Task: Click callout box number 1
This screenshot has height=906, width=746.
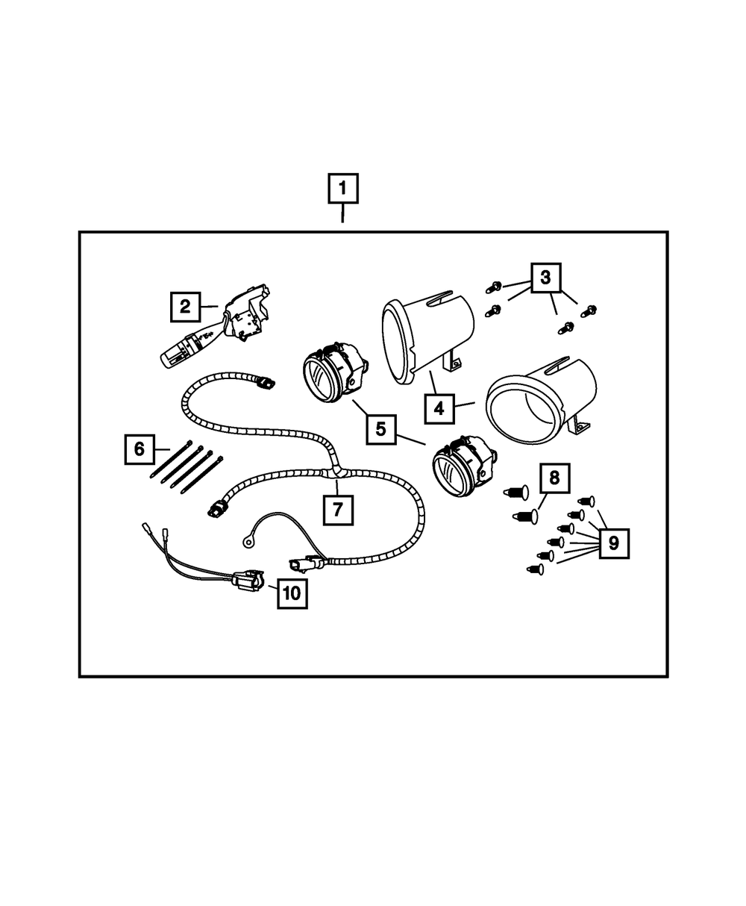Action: point(343,189)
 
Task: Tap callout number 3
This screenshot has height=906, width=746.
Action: point(546,278)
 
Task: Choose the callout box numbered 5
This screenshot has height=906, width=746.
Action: point(381,428)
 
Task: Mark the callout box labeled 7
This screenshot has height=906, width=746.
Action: point(338,510)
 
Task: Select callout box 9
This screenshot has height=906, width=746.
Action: point(613,543)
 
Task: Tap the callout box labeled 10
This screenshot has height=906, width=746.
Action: point(292,593)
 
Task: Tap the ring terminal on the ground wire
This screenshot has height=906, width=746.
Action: point(245,534)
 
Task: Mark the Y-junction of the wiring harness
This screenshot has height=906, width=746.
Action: point(333,471)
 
